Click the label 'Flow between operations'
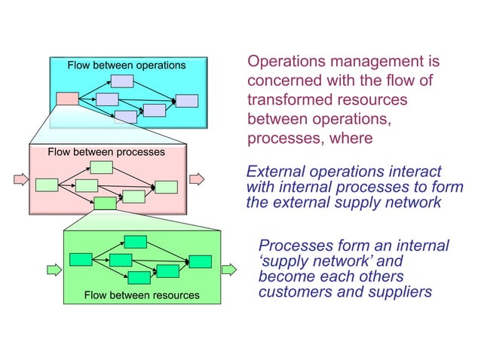click(x=126, y=66)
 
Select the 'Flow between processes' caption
click(x=106, y=152)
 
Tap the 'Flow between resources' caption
click(x=142, y=294)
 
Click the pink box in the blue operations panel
click(x=67, y=98)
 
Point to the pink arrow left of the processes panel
click(x=22, y=179)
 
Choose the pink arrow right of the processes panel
click(x=196, y=179)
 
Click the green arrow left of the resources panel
click(x=54, y=269)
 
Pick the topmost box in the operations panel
click(x=122, y=81)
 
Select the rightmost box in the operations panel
click(x=186, y=101)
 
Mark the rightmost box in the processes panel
click(x=166, y=187)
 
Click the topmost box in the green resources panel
click(x=136, y=242)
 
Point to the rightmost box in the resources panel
click(x=201, y=261)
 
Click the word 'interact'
click(x=413, y=172)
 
